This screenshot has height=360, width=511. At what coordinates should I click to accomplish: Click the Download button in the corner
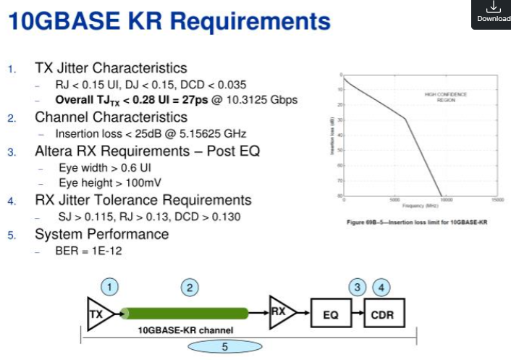click(493, 12)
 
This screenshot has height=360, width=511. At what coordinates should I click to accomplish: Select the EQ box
click(329, 315)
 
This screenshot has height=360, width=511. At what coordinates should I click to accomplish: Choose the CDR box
click(381, 315)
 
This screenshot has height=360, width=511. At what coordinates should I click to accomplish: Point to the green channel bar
click(184, 314)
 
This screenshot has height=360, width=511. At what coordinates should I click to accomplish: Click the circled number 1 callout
click(109, 287)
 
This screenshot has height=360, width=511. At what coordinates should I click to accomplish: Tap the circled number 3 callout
click(357, 287)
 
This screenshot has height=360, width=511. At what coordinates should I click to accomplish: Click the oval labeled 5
click(224, 347)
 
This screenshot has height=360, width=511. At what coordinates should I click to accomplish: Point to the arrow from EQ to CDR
click(355, 315)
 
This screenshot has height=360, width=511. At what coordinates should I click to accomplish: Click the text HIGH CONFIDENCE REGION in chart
click(445, 97)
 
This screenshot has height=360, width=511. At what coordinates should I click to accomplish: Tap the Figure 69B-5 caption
click(418, 222)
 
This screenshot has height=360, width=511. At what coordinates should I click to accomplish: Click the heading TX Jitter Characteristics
click(111, 68)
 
